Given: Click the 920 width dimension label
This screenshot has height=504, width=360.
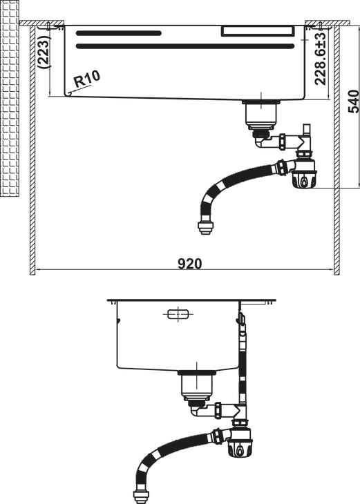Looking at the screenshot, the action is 190,264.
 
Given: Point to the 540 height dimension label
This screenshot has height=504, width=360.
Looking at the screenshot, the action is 354,101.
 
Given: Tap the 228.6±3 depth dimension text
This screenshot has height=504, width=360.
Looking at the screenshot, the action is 321,58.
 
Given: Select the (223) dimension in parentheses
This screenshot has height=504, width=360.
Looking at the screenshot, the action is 44,51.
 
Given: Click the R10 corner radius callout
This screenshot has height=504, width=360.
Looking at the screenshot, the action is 87,79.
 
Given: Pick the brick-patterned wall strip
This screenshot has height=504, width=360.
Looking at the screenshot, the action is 10,98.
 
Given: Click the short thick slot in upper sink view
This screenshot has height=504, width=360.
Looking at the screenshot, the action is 119,33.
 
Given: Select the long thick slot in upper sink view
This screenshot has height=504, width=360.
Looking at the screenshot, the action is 185,46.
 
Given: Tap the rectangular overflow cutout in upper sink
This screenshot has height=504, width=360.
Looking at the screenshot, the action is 258,31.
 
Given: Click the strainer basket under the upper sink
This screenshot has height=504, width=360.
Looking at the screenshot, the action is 261,113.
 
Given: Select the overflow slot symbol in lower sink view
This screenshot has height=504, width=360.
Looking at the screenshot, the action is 178,314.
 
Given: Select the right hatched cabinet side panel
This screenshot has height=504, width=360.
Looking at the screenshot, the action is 337,149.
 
